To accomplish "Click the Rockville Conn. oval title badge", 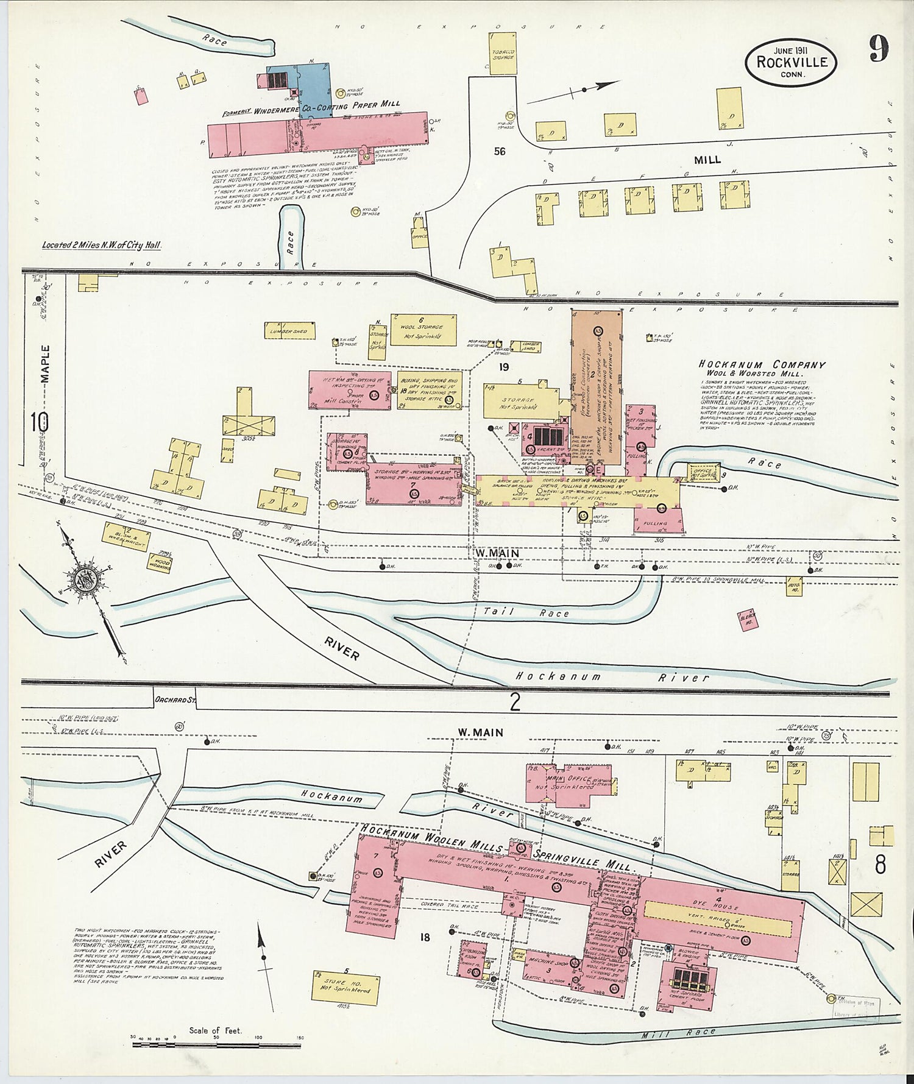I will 791,62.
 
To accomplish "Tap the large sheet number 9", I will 877,49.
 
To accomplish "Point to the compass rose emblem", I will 85,579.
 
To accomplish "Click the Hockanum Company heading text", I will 762,365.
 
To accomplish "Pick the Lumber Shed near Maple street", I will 289,331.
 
